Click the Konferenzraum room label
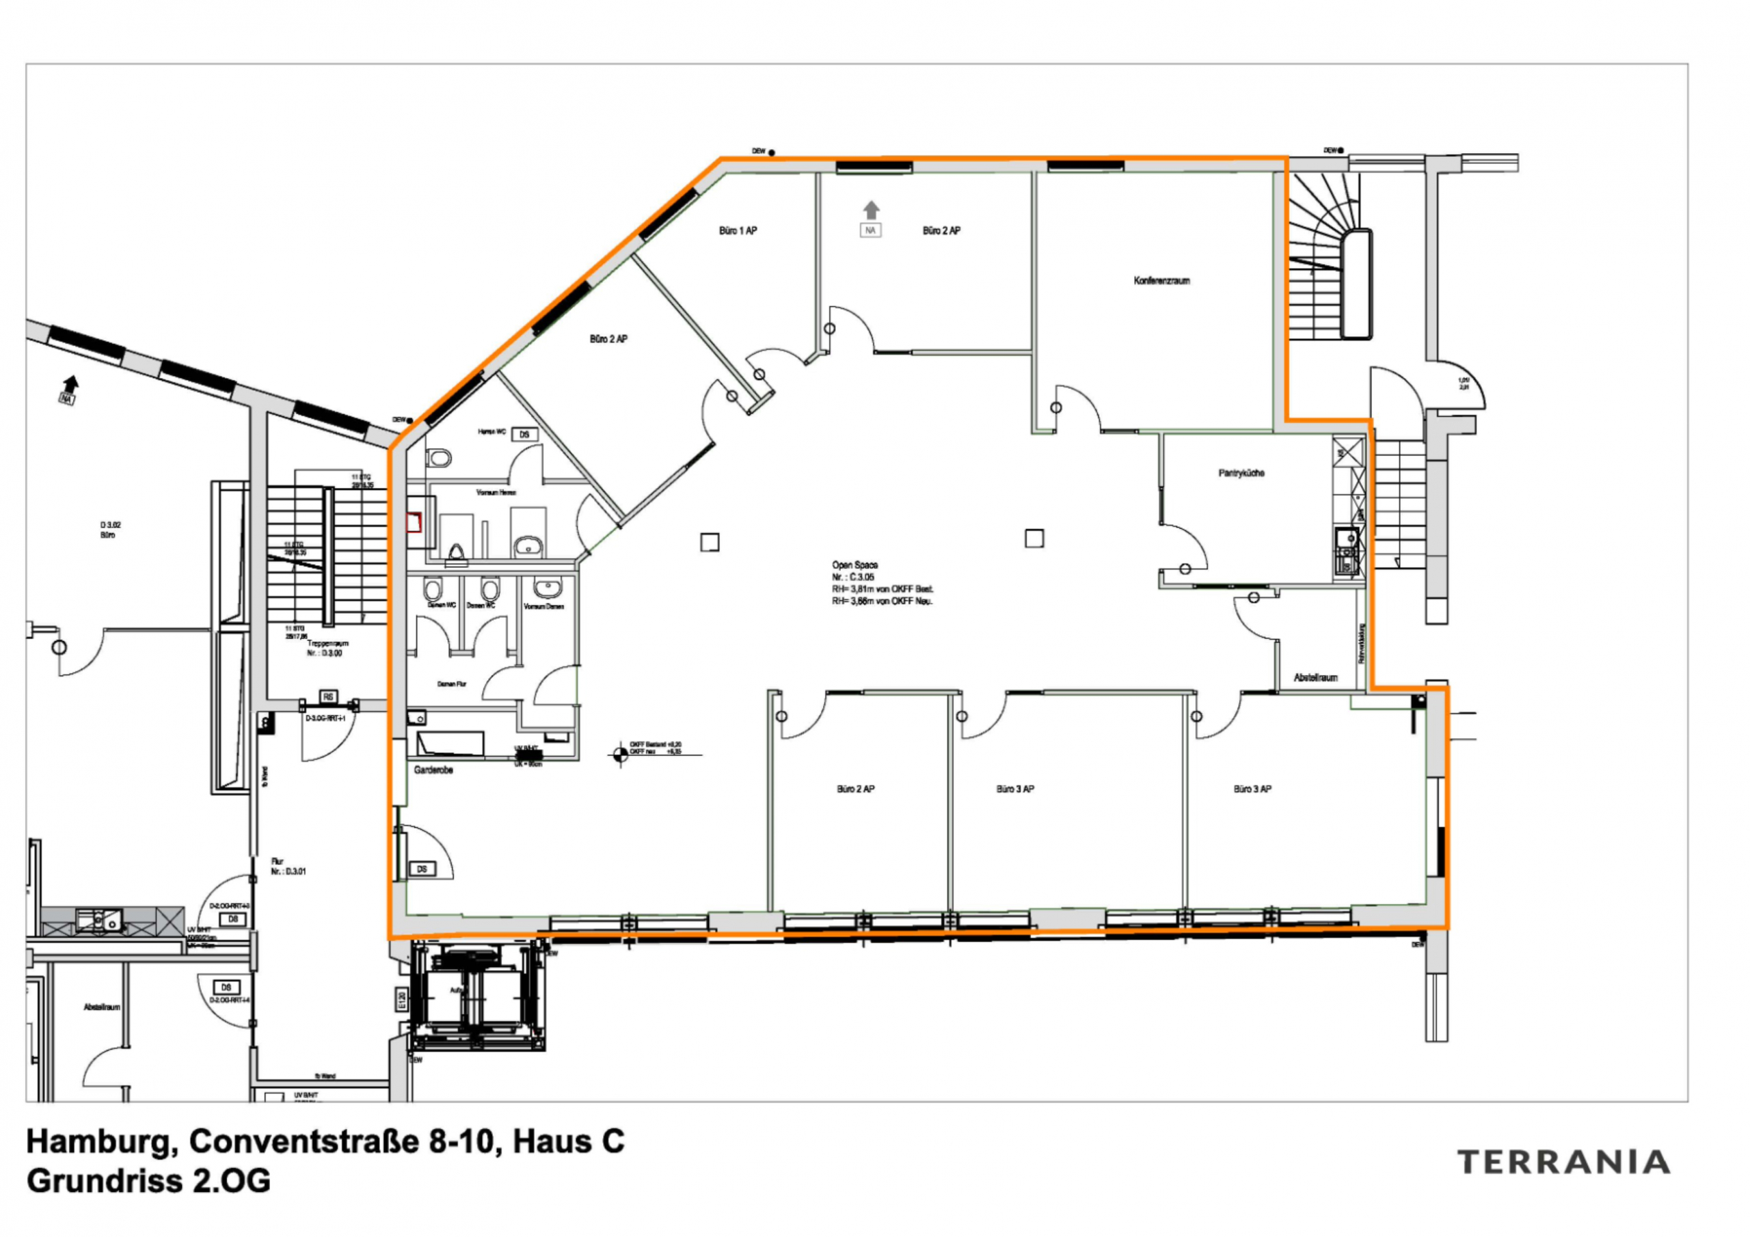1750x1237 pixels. pos(1161,280)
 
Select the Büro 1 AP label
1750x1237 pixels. pos(738,230)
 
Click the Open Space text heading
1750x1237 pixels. pos(854,565)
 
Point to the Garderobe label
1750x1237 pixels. pos(433,770)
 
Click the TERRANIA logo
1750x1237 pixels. pos(1563,1162)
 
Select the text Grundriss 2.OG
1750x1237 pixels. pos(148,1180)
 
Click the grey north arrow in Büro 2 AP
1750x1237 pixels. pos(871,210)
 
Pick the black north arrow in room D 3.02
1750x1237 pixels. pos(71,383)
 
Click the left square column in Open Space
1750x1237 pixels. pos(710,542)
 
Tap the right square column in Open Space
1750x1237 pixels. pos(1034,539)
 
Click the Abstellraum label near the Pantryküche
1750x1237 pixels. pos(1315,677)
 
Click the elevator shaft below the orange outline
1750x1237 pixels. pos(478,994)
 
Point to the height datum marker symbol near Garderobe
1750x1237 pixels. pos(619,755)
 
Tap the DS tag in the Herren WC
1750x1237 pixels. pos(524,435)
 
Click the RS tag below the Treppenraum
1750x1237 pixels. pos(327,696)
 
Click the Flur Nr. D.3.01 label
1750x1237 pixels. pos(287,866)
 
